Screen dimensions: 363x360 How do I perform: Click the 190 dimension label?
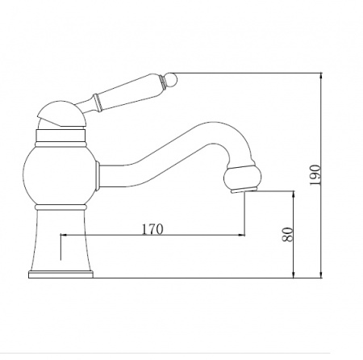tap(315, 175)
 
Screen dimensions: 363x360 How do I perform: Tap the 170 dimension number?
tap(152, 229)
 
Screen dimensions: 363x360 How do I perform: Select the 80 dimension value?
tap(287, 234)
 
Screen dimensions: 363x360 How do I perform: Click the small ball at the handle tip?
tap(172, 79)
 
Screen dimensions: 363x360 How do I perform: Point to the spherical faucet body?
tap(60, 175)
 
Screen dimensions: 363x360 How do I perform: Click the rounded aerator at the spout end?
tap(243, 178)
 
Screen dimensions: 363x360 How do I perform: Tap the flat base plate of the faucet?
tap(60, 274)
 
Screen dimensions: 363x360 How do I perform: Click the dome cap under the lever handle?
tap(61, 114)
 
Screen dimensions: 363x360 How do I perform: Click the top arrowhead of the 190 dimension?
tap(321, 76)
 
